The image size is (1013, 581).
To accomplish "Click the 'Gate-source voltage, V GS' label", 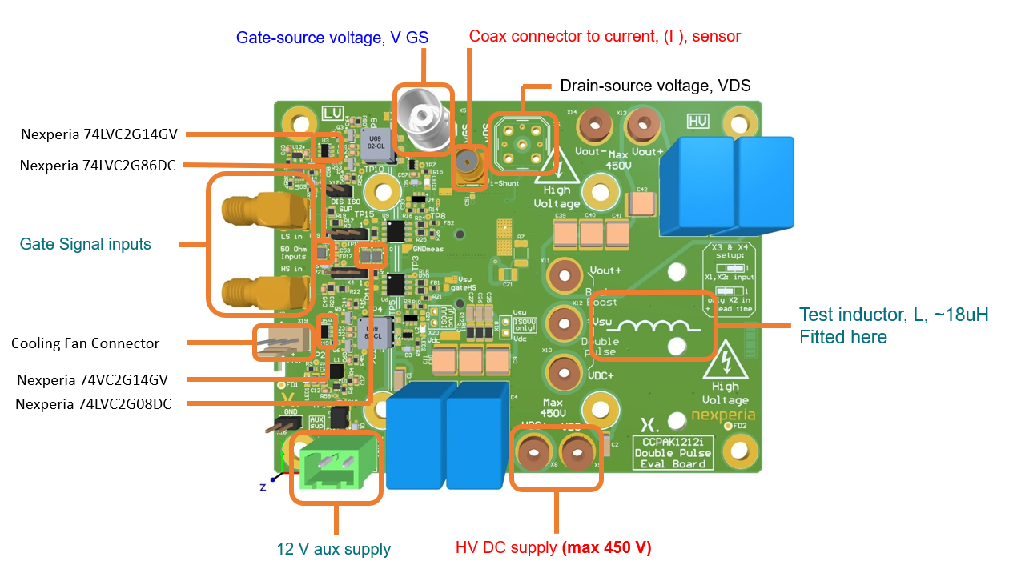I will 332,38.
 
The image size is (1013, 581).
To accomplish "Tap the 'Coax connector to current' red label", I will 605,36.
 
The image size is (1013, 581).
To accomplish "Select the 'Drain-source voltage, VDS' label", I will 655,86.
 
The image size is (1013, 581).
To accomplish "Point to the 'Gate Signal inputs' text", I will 86,244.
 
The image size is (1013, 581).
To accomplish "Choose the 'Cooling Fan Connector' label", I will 86,343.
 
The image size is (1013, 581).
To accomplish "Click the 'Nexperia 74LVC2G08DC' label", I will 93,404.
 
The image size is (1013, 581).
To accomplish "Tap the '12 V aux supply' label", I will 333,549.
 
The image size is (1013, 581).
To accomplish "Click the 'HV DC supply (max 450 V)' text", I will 553,548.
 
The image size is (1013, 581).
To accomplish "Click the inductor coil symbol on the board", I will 655,327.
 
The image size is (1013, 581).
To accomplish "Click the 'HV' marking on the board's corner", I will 698,121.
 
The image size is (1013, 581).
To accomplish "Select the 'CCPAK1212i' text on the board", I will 671,442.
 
